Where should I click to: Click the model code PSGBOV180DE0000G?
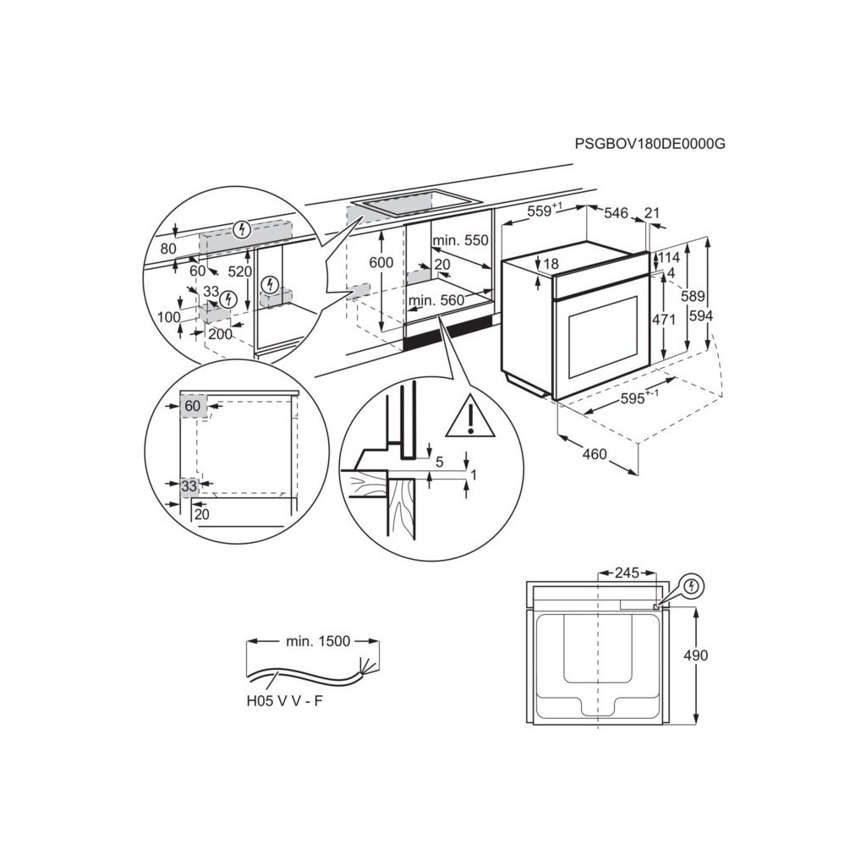pos(649,144)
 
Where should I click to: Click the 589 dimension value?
pos(693,296)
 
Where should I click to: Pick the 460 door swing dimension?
pos(595,454)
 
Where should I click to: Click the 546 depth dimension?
pos(616,213)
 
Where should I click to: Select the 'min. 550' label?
pos(460,241)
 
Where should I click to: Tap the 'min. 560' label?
pos(436,300)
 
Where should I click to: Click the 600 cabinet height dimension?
pos(381,263)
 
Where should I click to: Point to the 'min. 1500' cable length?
pos(318,642)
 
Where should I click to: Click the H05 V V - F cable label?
pos(285,700)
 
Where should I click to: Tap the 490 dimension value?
pos(696,655)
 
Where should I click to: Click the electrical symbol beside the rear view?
pos(692,585)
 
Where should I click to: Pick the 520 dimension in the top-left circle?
pos(240,271)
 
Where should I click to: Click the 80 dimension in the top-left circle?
pos(167,249)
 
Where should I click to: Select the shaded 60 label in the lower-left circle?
pos(193,407)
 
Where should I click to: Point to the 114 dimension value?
pos(670,258)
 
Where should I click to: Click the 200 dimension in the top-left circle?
pos(220,334)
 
